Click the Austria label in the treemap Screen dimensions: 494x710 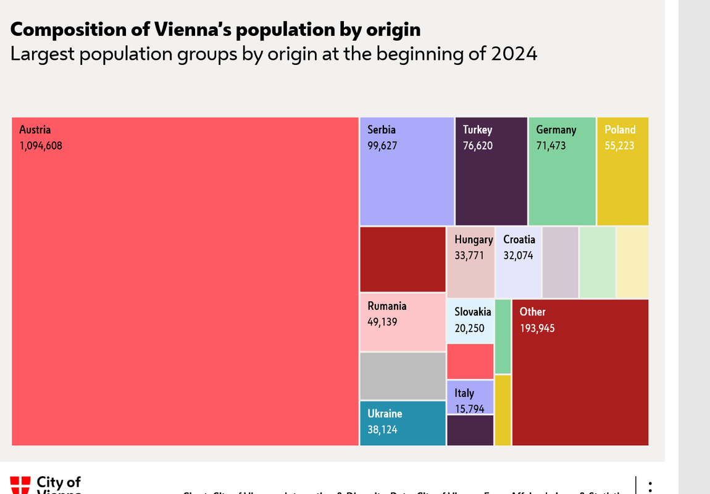click(35, 130)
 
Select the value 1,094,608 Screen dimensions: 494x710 click(41, 146)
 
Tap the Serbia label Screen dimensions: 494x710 click(382, 130)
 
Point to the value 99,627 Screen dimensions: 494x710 click(382, 146)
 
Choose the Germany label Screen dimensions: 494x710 click(556, 130)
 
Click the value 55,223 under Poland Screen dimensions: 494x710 click(619, 146)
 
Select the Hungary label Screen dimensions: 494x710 click(474, 240)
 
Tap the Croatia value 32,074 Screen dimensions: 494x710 click(518, 255)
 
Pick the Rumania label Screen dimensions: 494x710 click(387, 306)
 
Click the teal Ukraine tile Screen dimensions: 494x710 click(403, 423)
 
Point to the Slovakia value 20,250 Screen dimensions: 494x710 click(470, 329)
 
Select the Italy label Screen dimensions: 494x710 click(464, 393)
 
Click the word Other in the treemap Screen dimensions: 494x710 click(532, 312)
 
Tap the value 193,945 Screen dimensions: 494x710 click(537, 329)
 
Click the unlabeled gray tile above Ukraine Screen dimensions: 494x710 click(403, 375)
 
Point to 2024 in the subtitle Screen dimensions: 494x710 click(514, 54)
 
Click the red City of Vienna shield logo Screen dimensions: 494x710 click(20, 485)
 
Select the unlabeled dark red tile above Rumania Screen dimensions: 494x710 click(403, 259)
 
